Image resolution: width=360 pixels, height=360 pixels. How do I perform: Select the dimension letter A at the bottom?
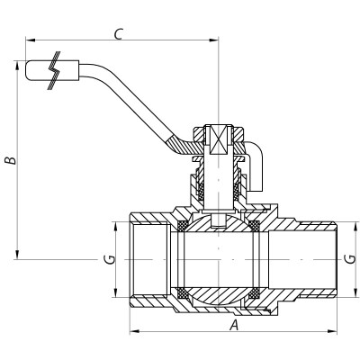(234, 325)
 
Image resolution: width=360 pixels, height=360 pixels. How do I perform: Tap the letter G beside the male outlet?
(348, 259)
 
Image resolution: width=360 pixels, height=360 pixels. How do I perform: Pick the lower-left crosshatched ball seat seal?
(185, 292)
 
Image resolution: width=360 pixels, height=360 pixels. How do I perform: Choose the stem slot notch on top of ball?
(219, 220)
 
